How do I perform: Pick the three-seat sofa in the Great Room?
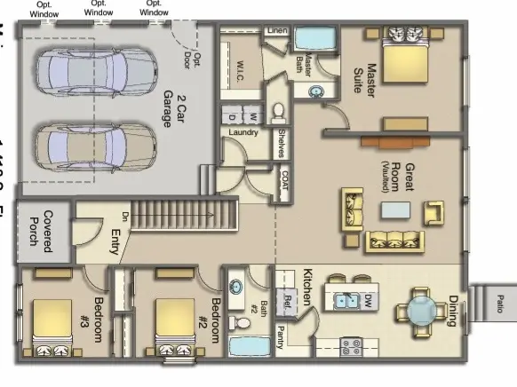click(x=393, y=241)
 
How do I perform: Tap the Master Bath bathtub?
click(x=312, y=40)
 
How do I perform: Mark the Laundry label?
click(x=243, y=133)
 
